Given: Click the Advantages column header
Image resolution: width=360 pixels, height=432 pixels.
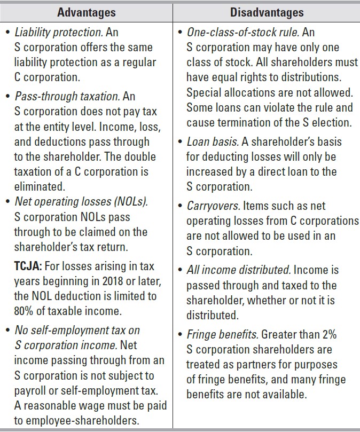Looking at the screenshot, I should tap(87, 12).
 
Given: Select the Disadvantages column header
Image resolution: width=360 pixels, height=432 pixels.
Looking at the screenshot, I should tap(267, 12).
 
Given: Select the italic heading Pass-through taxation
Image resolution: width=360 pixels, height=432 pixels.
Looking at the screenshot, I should tap(67, 97).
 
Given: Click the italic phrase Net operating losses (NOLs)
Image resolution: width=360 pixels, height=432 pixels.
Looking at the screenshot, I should tap(81, 202).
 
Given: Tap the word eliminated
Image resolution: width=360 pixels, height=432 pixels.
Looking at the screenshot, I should tap(40, 187).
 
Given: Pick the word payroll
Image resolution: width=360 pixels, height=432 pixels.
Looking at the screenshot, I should tap(31, 390).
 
